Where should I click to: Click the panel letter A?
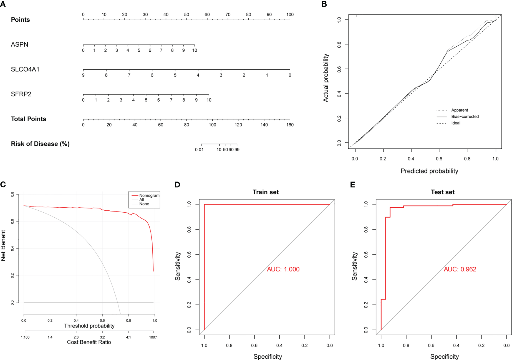point(3,4)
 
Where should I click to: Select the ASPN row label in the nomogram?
point(19,44)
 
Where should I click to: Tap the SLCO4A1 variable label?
point(25,69)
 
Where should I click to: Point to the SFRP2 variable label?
point(21,94)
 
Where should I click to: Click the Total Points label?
point(28,119)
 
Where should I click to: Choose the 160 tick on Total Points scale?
point(290,125)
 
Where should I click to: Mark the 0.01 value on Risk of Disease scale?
point(199,150)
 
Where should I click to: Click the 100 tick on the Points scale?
point(290,14)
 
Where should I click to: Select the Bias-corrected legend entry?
point(465,117)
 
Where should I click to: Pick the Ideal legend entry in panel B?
point(456,123)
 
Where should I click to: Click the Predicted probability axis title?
point(429,171)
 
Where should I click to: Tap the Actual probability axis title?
point(326,78)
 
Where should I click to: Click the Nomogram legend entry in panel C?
point(149,195)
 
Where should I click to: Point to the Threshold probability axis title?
point(89,326)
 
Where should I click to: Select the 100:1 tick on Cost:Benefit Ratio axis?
point(153,337)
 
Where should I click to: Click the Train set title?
point(266,192)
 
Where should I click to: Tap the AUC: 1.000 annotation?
point(283,269)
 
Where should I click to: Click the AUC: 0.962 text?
point(460,269)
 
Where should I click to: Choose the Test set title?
point(442,192)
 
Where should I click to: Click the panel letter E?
point(353,185)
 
